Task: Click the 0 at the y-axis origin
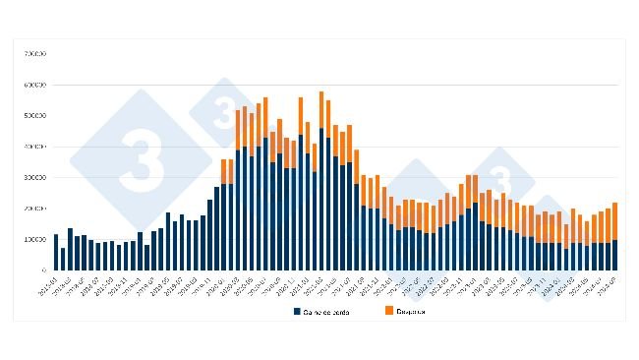coord(43,270)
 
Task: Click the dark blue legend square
coord(296,311)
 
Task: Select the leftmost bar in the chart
coord(56,252)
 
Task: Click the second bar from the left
coord(63,259)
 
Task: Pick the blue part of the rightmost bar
coord(614,255)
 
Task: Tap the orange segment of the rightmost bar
coord(614,221)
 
